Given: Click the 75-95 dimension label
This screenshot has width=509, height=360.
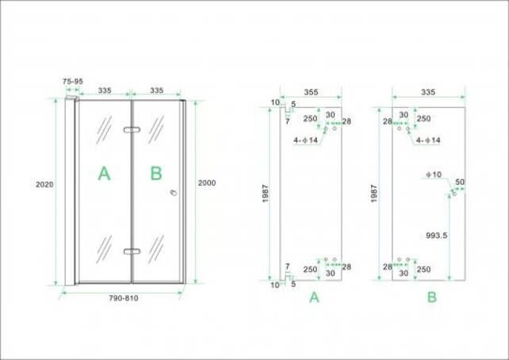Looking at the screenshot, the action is [74, 80].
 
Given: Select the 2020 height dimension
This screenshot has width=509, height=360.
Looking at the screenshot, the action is [44, 185].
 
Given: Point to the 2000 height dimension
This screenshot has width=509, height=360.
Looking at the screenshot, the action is [206, 183].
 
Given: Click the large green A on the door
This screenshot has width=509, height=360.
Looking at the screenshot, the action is [104, 174].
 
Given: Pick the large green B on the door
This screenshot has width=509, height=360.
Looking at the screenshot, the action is [156, 174].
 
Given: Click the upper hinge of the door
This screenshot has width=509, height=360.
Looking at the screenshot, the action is [131, 129].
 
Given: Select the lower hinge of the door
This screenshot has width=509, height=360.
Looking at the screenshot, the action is [131, 251].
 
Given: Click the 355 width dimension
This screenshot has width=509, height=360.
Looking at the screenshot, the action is [311, 93].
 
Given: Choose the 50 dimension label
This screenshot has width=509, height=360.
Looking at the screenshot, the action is [460, 182].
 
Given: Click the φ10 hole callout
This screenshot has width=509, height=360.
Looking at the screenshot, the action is [433, 173].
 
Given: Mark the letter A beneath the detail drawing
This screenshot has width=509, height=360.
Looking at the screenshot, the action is [314, 297].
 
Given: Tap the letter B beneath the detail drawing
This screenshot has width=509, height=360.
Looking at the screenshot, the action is [432, 297].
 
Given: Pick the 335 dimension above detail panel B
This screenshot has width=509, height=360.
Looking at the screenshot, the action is [428, 93].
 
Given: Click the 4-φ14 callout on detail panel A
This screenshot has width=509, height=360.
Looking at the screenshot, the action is [306, 140].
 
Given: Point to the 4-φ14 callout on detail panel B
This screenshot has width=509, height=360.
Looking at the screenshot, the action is [429, 140].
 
